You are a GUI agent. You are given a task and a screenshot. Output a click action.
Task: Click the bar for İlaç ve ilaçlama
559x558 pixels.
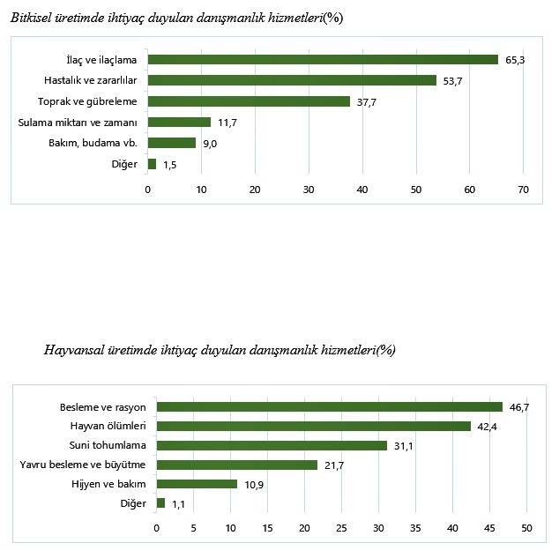pos(323,60)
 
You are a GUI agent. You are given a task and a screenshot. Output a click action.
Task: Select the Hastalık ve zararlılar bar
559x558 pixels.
pos(292,80)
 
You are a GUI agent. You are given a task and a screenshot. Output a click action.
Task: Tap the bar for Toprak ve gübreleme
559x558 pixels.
pos(249,101)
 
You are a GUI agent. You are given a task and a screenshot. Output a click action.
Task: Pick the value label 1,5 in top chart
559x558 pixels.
pos(171,164)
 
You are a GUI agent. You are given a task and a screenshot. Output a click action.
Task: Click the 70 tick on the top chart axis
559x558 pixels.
pos(523,190)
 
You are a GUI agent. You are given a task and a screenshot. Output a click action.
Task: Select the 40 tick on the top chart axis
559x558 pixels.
pos(362,190)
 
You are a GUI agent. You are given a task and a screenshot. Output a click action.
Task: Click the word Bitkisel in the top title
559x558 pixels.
pos(32,19)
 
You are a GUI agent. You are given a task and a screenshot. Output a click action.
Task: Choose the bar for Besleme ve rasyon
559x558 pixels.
pos(330,407)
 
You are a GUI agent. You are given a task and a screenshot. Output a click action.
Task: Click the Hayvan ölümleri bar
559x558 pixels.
pos(314,427)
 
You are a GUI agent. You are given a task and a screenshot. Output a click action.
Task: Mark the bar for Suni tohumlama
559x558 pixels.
pos(272,446)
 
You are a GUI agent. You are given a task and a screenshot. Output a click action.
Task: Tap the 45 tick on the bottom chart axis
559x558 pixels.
pos(489,528)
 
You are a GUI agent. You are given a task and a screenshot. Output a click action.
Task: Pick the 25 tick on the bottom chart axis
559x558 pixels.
pos(341,528)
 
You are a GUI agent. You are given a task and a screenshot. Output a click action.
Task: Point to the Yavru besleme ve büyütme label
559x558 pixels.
pos(84,465)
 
